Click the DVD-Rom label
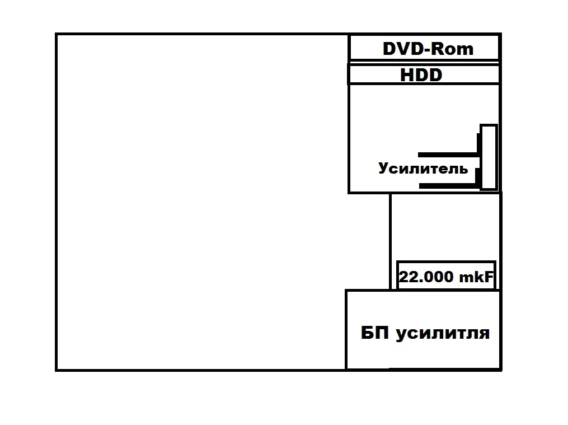pos(428,49)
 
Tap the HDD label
pos(421,75)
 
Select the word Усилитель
pos(423,169)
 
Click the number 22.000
pos(426,277)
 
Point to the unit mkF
pos(476,277)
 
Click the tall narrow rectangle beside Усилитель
pos(489,157)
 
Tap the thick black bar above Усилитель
pos(448,155)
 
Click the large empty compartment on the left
pos(201,202)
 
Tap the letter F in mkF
pos(489,277)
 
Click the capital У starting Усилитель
pos(384,169)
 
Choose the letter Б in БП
pos(367,333)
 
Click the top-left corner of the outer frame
pos(57,34)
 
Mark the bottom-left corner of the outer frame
pos(57,370)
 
